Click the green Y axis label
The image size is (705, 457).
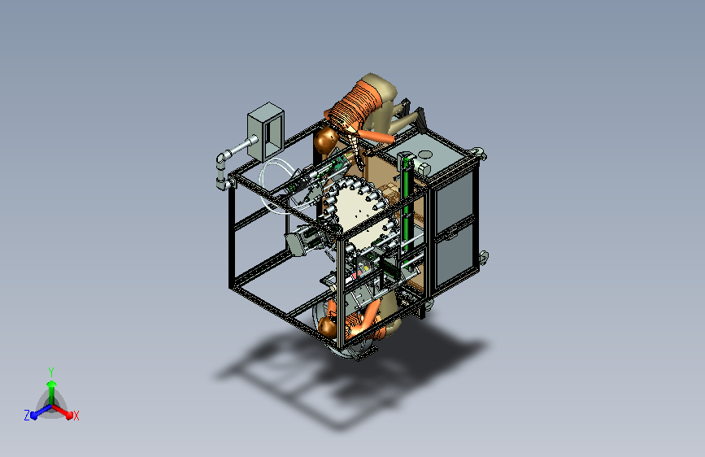(51, 372)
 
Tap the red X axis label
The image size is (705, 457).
(76, 416)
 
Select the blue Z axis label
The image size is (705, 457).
(27, 416)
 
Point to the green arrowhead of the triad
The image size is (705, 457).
(51, 384)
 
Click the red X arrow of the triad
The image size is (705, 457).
(62, 411)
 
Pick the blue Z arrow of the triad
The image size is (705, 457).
(41, 411)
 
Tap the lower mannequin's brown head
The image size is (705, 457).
(328, 327)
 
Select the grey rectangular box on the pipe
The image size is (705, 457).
(266, 132)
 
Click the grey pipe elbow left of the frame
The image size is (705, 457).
(222, 159)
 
